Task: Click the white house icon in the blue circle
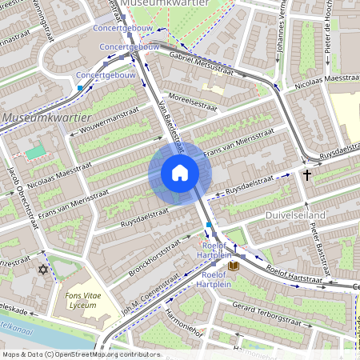(x=180, y=173)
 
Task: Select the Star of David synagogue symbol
(x=44, y=269)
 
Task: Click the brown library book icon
(x=234, y=265)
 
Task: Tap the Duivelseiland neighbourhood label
(x=296, y=216)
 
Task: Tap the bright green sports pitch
(x=36, y=151)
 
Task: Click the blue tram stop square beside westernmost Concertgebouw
(x=80, y=87)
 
